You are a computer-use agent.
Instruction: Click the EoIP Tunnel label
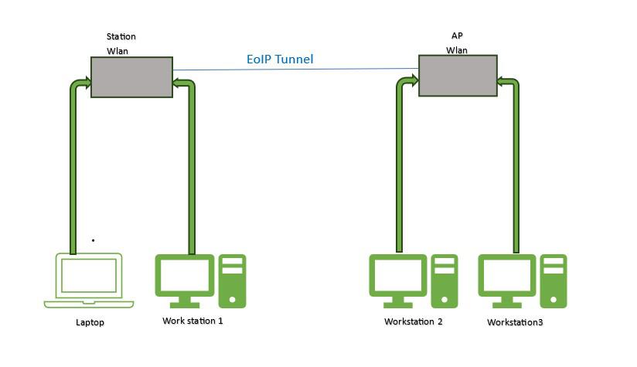(x=280, y=59)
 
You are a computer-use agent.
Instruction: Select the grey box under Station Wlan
(x=131, y=76)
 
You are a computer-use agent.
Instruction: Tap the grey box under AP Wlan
(x=458, y=76)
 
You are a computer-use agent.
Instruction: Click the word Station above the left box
(x=121, y=36)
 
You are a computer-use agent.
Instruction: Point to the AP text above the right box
(x=457, y=36)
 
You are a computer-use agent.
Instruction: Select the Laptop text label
(x=90, y=322)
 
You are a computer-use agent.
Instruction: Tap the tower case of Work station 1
(x=232, y=280)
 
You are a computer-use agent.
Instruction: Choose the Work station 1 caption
(x=192, y=321)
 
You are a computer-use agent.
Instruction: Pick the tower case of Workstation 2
(x=445, y=280)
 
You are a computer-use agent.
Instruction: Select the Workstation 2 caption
(x=413, y=321)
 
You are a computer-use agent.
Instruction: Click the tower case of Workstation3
(x=554, y=280)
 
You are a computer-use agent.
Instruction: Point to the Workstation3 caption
(x=515, y=322)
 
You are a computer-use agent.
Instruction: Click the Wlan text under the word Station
(x=117, y=51)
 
